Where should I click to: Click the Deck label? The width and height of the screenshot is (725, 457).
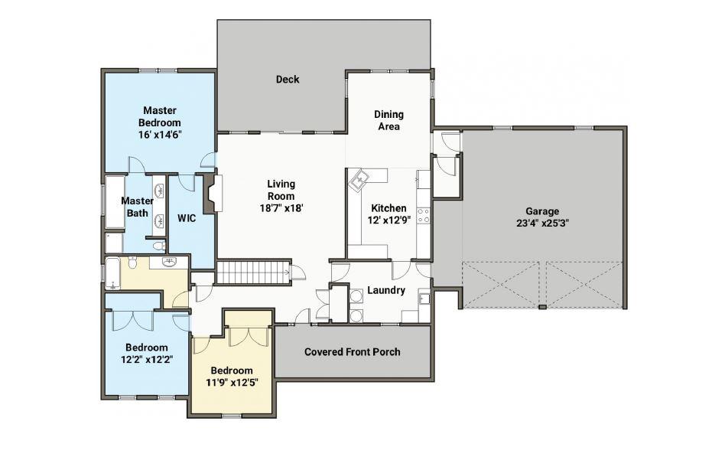288,79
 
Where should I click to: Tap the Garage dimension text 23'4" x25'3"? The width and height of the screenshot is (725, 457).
542,224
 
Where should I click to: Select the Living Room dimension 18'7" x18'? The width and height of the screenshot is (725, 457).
281,208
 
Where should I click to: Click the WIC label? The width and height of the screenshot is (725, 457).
187,218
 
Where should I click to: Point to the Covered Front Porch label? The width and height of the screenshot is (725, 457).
353,352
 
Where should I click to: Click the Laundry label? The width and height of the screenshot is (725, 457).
386,290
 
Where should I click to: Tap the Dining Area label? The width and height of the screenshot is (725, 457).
389,120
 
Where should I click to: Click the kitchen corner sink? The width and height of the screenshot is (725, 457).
359,180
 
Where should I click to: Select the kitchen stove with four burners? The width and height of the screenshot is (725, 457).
424,216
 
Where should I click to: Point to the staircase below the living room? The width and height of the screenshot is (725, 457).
253,273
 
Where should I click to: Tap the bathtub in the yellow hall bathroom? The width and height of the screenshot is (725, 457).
113,273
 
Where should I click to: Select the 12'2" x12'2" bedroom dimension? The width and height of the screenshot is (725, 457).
147,360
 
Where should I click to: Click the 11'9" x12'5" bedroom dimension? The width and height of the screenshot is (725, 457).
232,383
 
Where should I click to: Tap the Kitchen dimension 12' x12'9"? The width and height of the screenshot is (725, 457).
389,220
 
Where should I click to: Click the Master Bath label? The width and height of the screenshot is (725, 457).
138,207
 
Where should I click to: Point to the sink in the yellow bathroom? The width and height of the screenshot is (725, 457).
171,263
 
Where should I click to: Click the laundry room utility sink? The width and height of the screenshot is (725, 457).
424,298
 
